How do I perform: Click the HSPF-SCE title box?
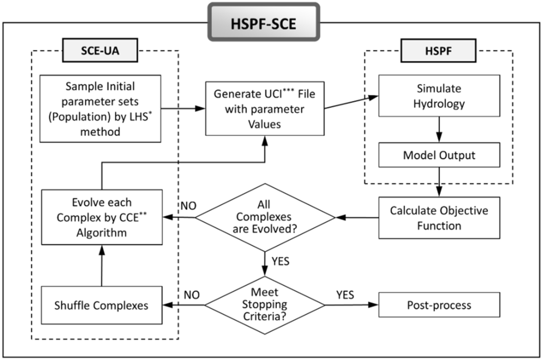[263, 23]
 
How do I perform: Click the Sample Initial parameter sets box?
[100, 108]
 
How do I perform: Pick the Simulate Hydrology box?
[439, 96]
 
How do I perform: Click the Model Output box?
[439, 156]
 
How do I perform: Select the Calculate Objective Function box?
[439, 217]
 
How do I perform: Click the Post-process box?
[439, 305]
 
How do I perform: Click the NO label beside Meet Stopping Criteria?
[192, 294]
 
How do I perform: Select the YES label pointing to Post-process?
[346, 294]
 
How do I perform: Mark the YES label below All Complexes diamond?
[280, 260]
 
